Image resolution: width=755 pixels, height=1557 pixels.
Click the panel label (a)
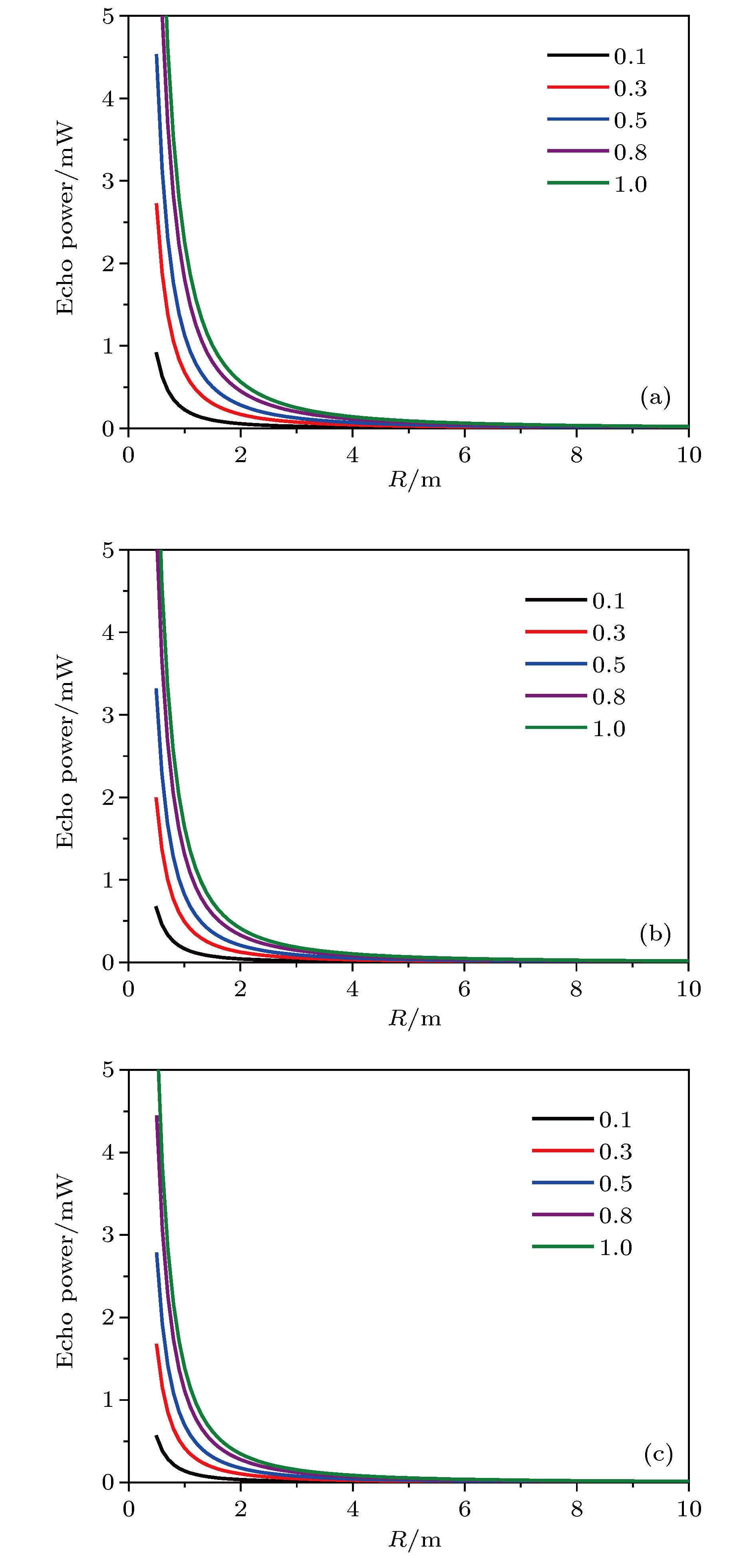pos(655,397)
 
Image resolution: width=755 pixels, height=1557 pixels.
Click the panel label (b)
pos(655,934)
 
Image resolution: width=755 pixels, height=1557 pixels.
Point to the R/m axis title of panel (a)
pos(415,480)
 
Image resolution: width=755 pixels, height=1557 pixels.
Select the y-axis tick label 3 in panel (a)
pos(108,181)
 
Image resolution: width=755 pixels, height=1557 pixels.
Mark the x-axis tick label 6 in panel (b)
pos(464,989)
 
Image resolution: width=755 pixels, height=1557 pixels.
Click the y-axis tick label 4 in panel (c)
pos(108,1152)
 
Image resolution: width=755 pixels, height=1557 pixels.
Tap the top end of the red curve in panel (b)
pos(156,798)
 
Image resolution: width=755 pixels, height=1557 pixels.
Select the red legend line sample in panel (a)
pos(577,87)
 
